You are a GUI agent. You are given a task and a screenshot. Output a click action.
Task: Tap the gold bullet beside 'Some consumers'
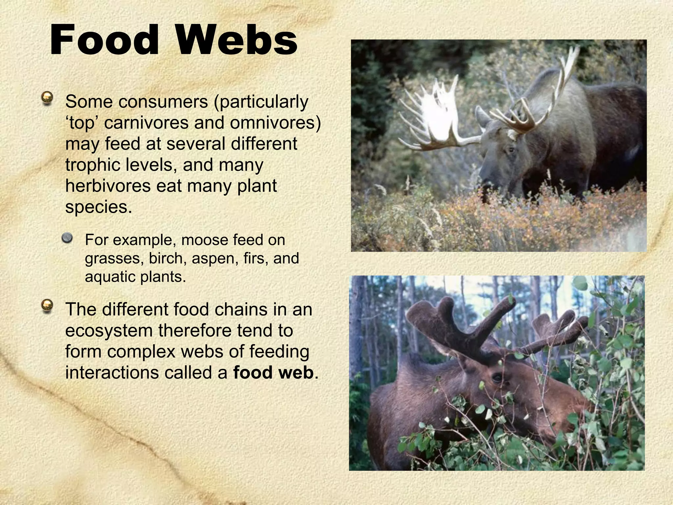pyautogui.click(x=48, y=98)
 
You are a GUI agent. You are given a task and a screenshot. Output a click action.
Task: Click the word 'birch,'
pyautogui.click(x=168, y=258)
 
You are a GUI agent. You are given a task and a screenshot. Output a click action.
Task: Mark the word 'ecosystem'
pyautogui.click(x=109, y=330)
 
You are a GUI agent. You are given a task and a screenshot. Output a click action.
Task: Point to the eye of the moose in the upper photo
pyautogui.click(x=510, y=150)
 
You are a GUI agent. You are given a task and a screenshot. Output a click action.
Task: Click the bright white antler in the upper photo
pyautogui.click(x=434, y=115)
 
